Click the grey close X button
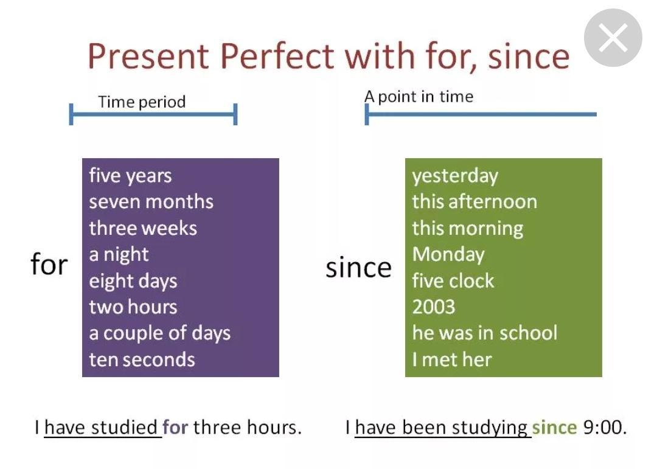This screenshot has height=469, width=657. (613, 38)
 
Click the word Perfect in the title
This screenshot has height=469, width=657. (277, 56)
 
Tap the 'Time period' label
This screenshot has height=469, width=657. (142, 102)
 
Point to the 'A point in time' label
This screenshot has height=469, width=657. (419, 97)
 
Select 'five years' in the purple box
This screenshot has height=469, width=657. (130, 176)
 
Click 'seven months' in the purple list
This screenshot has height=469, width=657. (151, 201)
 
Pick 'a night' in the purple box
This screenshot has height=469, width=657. (119, 254)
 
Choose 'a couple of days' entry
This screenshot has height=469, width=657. (159, 333)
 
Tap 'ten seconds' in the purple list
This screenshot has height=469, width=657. (142, 360)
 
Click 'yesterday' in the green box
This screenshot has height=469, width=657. (455, 176)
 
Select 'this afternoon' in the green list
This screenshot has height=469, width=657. (474, 201)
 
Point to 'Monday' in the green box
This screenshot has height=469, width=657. (448, 254)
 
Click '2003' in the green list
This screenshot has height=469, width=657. (433, 307)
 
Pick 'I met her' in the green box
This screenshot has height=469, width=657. (451, 360)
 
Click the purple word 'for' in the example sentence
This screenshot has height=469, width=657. (175, 428)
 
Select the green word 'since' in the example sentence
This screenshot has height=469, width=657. (554, 428)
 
